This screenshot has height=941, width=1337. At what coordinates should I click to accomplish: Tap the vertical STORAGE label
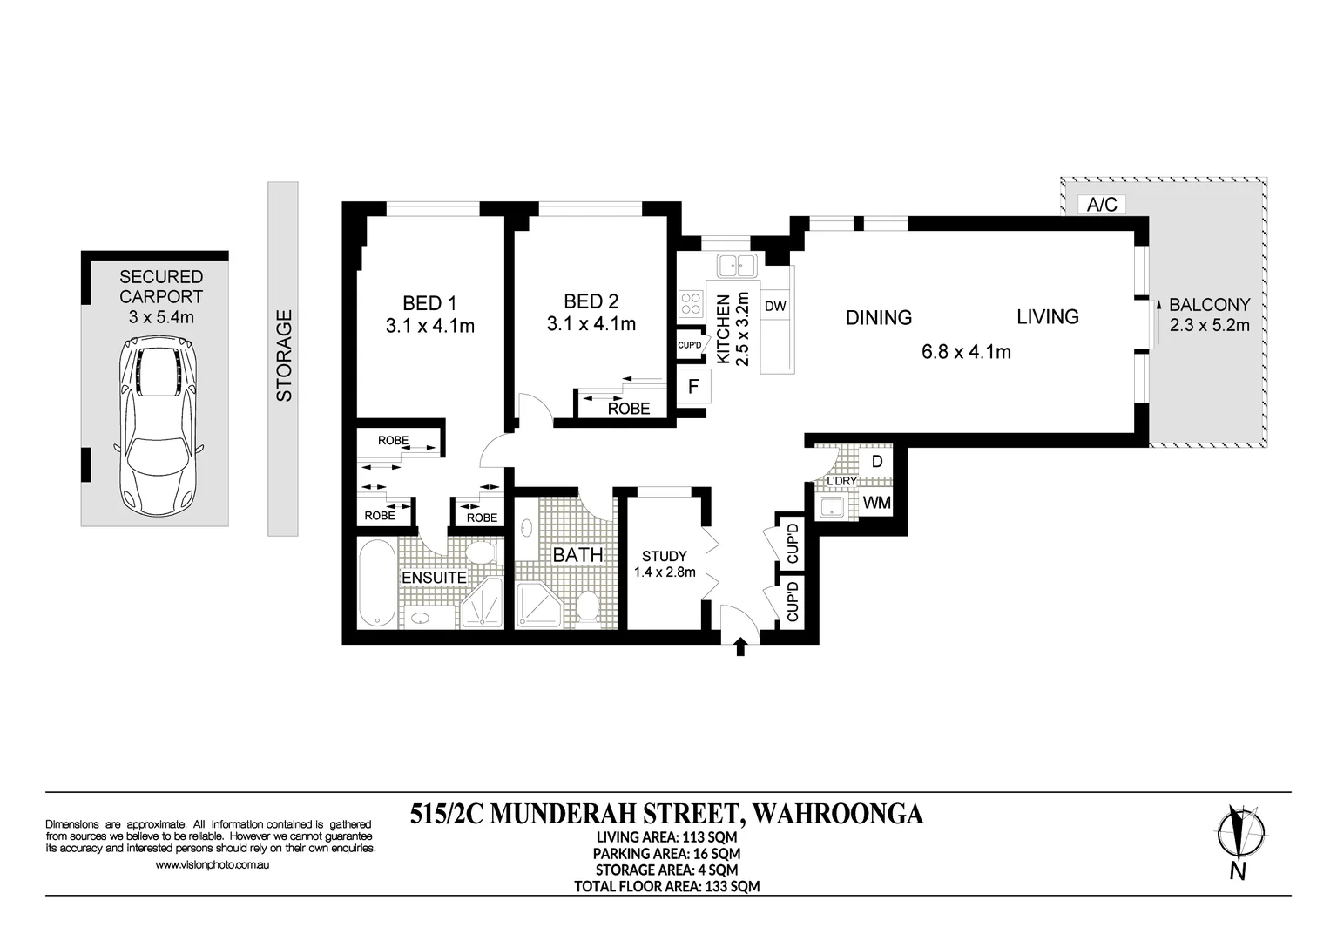point(284,355)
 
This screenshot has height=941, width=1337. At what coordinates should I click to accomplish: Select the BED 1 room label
point(429,303)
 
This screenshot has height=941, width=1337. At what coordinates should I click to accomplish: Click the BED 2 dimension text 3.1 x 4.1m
point(591,324)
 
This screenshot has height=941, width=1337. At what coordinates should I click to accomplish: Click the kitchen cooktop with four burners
point(692,304)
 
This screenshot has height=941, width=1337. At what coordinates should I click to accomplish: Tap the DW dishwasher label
point(775,306)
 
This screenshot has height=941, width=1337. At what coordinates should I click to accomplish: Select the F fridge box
point(694,386)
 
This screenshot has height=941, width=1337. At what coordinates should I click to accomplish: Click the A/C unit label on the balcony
point(1102,205)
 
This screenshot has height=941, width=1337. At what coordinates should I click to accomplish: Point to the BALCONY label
point(1209,305)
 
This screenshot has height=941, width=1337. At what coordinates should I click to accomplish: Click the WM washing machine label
point(876,503)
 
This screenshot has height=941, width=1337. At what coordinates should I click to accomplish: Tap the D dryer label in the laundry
point(877,462)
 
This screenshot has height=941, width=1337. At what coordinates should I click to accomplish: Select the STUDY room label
point(664,556)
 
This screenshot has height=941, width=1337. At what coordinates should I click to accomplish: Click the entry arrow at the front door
point(741,647)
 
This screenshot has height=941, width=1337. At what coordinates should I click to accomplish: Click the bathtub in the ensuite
point(376,584)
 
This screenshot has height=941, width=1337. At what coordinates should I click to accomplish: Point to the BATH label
point(577,554)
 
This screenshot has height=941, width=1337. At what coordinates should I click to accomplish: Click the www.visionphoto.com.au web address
point(212,865)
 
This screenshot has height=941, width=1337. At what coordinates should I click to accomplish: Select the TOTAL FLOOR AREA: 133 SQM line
point(666,886)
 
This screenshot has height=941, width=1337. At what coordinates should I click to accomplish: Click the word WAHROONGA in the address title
point(836,814)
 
